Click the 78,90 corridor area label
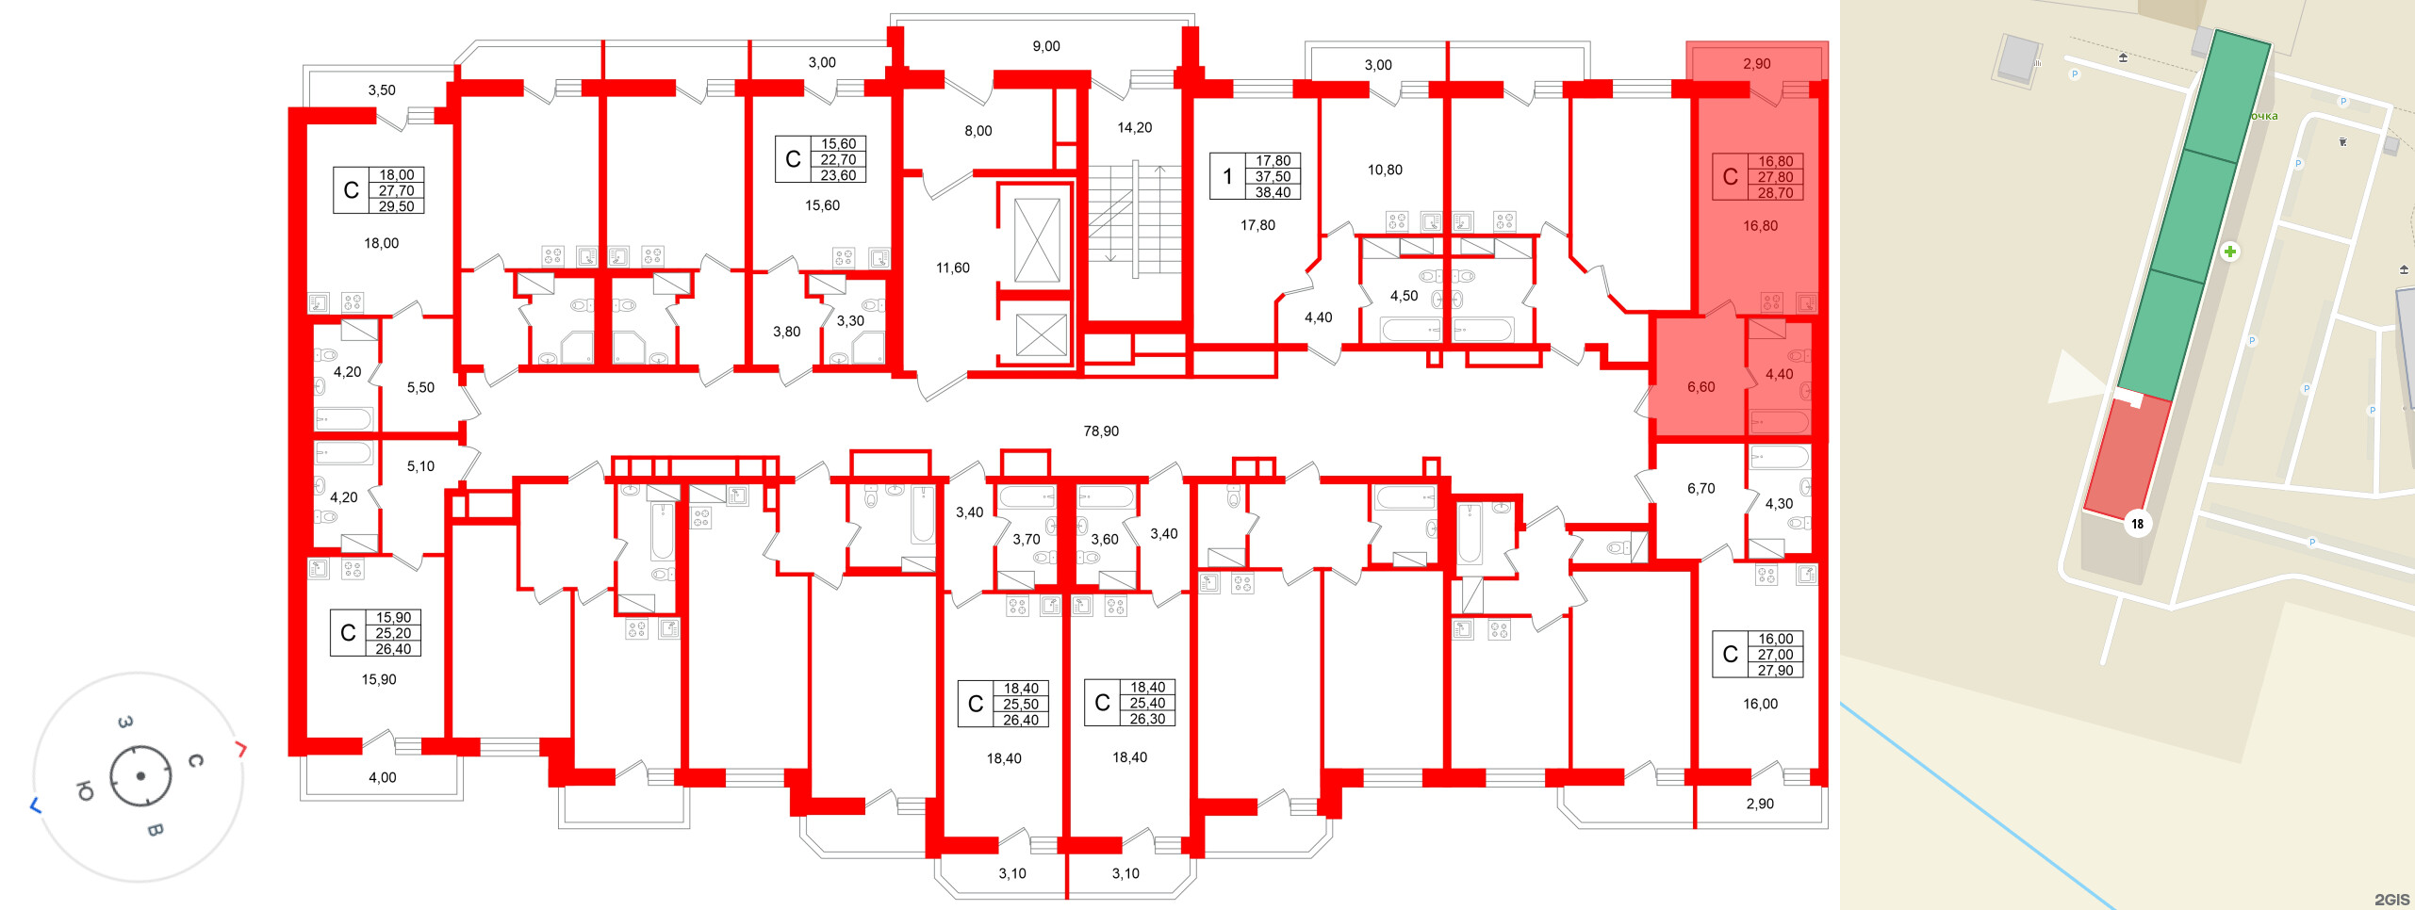1101,431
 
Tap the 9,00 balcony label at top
1046,46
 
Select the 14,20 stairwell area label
1134,128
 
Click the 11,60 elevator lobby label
952,268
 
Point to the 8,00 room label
977,131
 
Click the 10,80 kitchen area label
1385,171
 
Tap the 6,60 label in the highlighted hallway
1700,387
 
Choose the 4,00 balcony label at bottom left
382,778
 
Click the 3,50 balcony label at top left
381,90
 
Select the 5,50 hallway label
420,388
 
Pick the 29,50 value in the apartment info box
396,206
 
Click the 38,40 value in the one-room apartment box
1273,192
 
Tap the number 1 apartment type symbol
1227,177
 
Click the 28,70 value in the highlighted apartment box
1775,193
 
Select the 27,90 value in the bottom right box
1775,671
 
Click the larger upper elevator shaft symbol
1036,240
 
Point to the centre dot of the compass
140,776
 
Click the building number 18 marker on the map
2137,524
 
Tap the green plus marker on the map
2229,252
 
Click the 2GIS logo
2390,900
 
